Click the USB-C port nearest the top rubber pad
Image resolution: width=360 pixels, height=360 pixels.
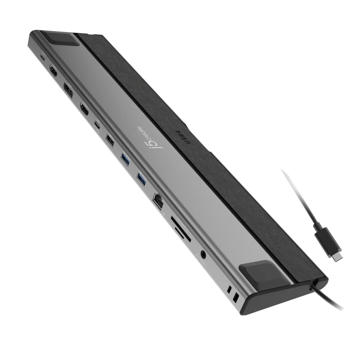pyautogui.click(x=43, y=57)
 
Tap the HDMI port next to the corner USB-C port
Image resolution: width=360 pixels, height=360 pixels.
pyautogui.click(x=53, y=72)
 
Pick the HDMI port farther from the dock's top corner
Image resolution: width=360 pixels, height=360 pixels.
pyautogui.click(x=84, y=109)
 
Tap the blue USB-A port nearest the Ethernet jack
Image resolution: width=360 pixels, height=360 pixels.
pyautogui.click(x=141, y=179)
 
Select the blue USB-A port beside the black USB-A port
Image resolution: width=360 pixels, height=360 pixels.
pyautogui.click(x=126, y=159)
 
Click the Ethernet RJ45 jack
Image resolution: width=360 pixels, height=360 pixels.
pyautogui.click(x=158, y=200)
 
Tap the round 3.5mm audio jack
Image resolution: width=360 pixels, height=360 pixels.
pyautogui.click(x=204, y=256)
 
